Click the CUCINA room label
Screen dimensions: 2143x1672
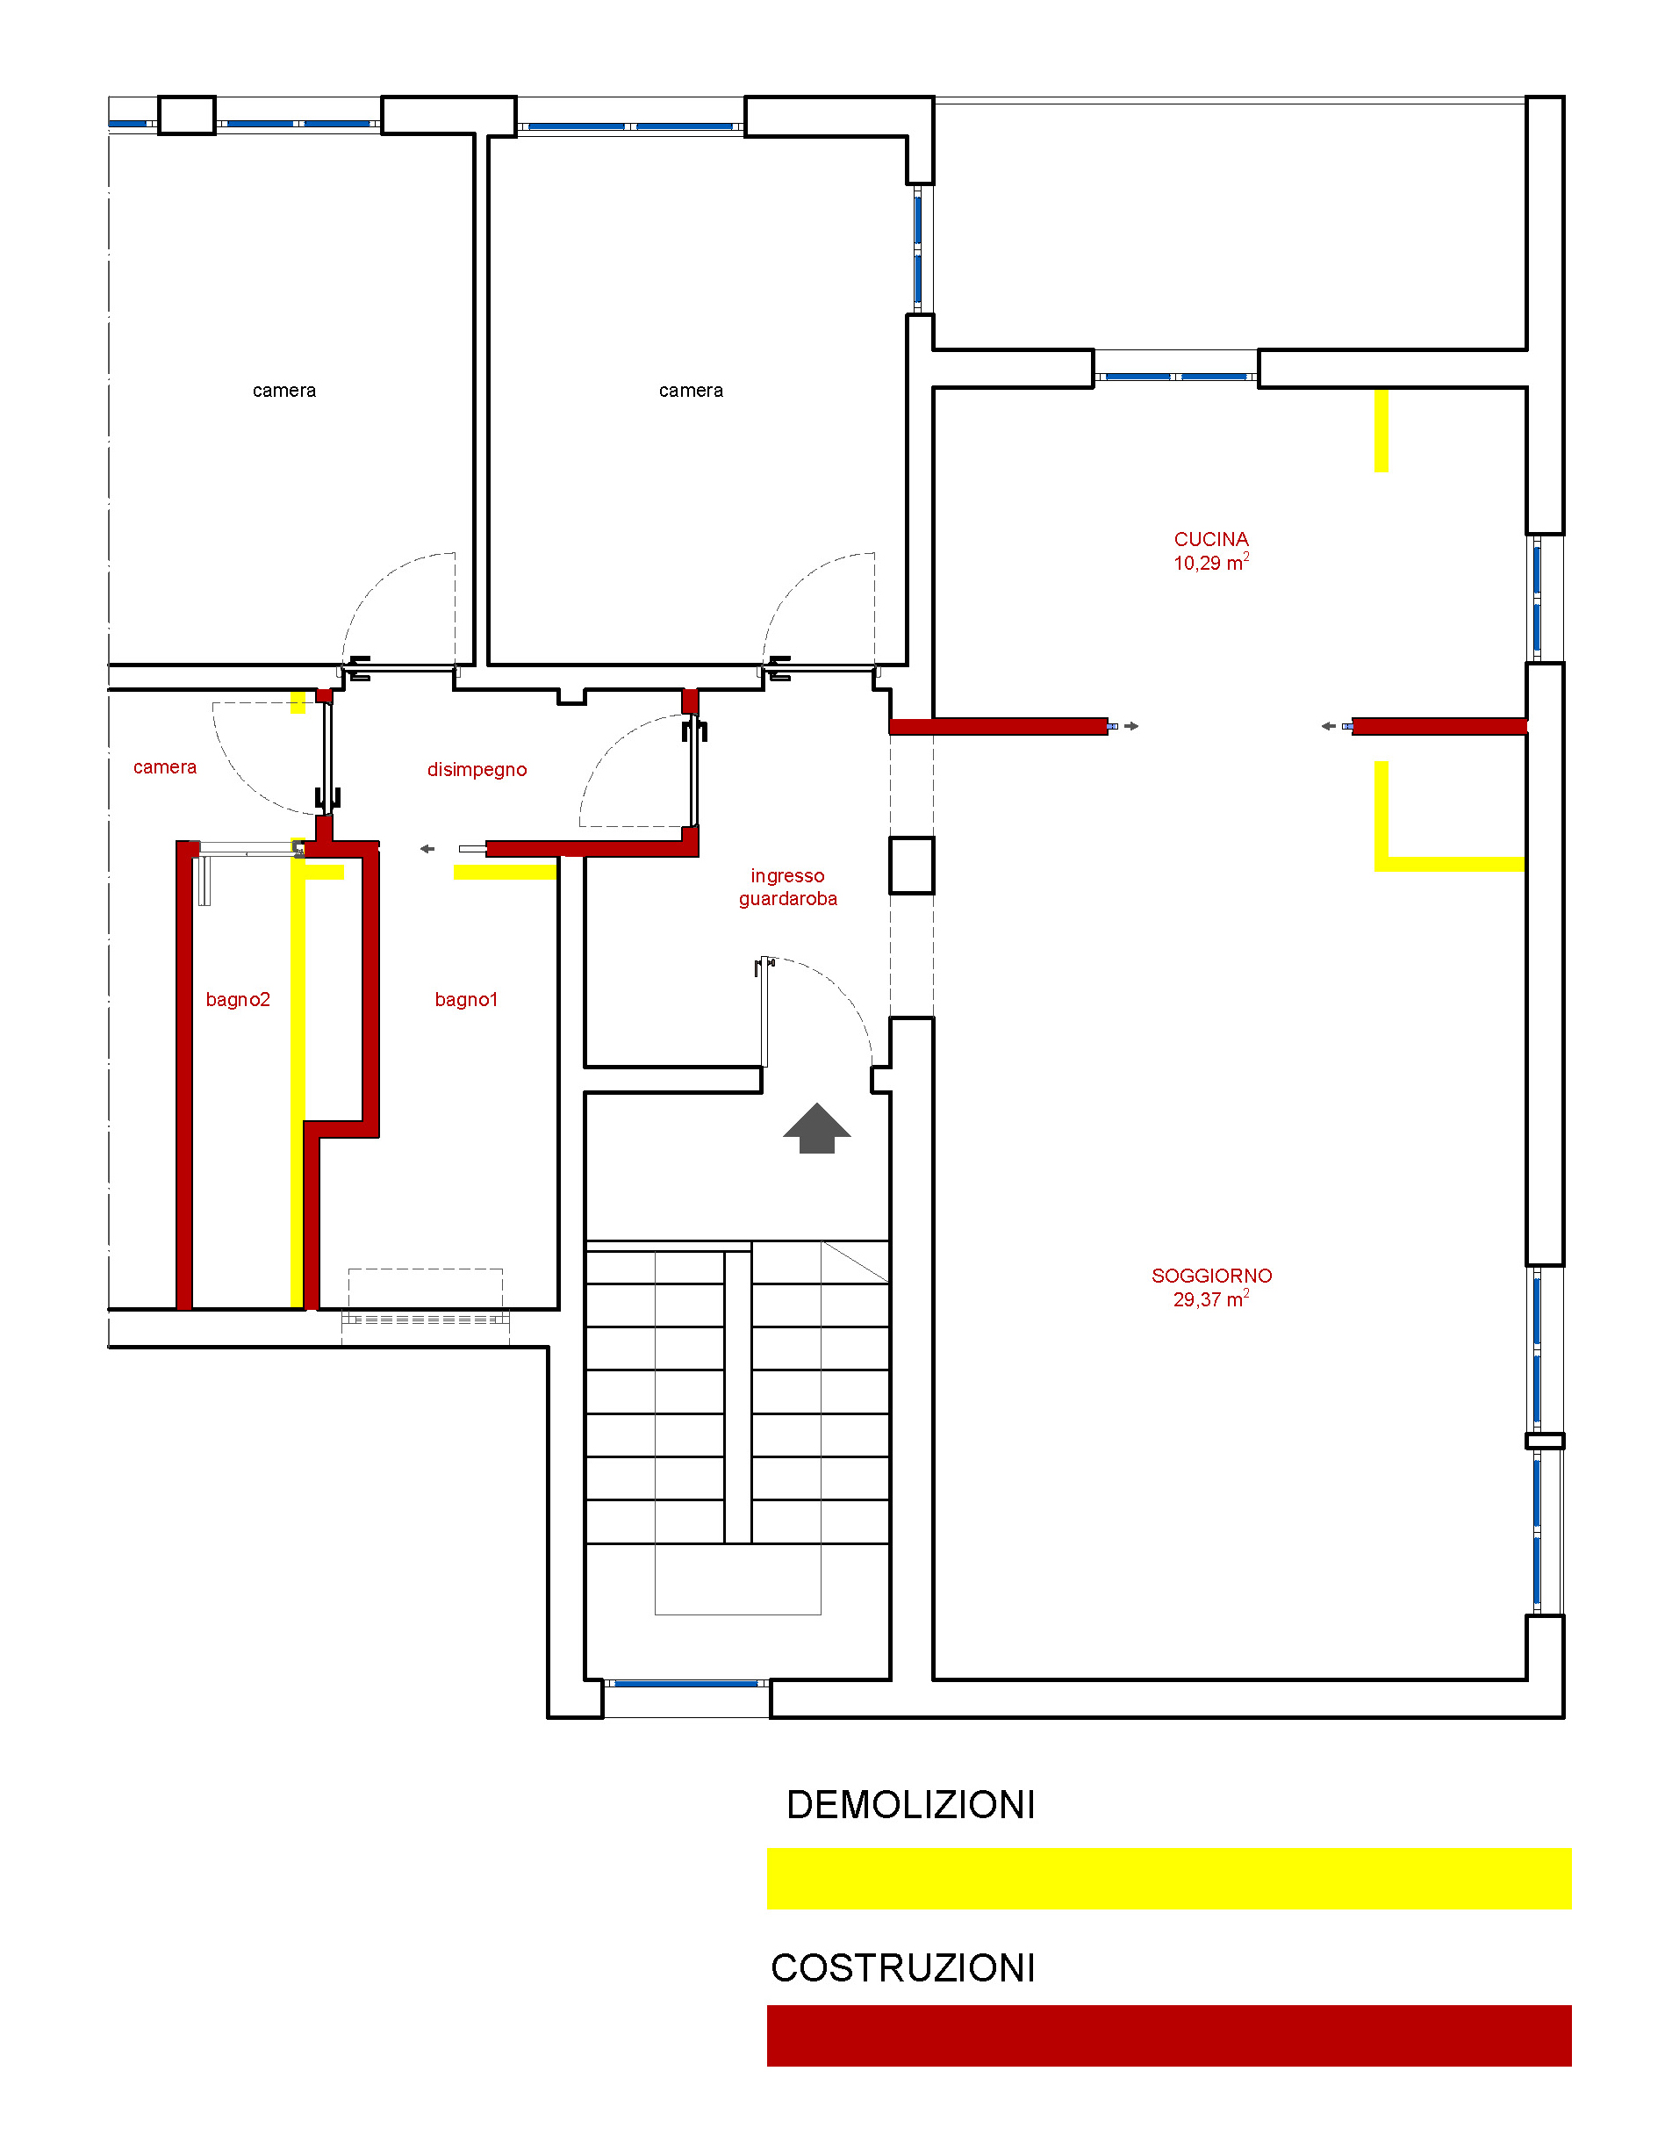(x=1211, y=540)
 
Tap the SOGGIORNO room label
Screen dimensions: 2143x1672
(x=1211, y=1276)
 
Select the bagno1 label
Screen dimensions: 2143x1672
(x=466, y=999)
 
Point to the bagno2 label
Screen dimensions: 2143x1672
(x=238, y=999)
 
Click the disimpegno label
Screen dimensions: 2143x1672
(x=477, y=769)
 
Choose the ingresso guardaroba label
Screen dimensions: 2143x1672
(x=787, y=886)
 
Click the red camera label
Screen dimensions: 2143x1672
(x=165, y=766)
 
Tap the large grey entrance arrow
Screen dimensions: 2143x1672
(x=816, y=1128)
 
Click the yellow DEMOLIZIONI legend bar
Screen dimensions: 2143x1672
(x=1167, y=1878)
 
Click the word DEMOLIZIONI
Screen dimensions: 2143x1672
(x=909, y=1806)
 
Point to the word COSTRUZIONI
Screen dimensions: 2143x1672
(x=903, y=1968)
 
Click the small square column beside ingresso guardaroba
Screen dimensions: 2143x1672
(x=912, y=865)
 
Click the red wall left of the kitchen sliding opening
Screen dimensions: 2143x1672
(x=999, y=726)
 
